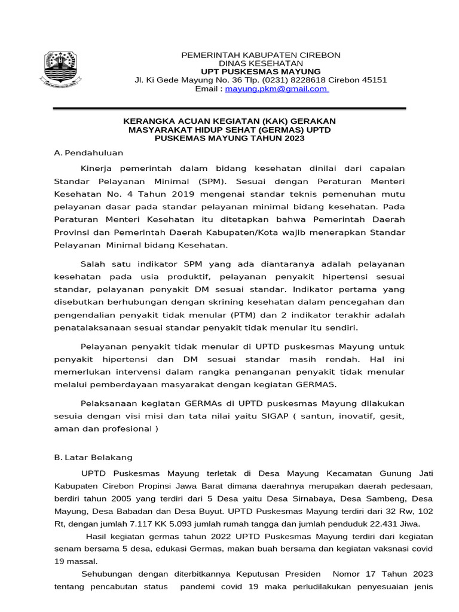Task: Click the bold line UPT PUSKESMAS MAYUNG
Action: click(x=261, y=72)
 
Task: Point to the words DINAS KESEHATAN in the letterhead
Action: click(x=261, y=63)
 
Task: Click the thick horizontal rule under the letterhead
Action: click(x=229, y=109)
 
